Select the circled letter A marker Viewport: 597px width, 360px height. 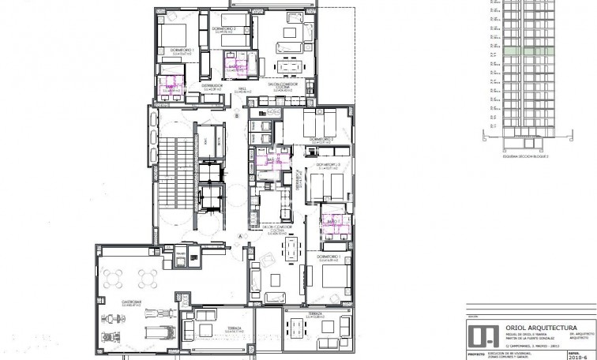click(239, 235)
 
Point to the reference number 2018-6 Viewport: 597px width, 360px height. click(580, 355)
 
